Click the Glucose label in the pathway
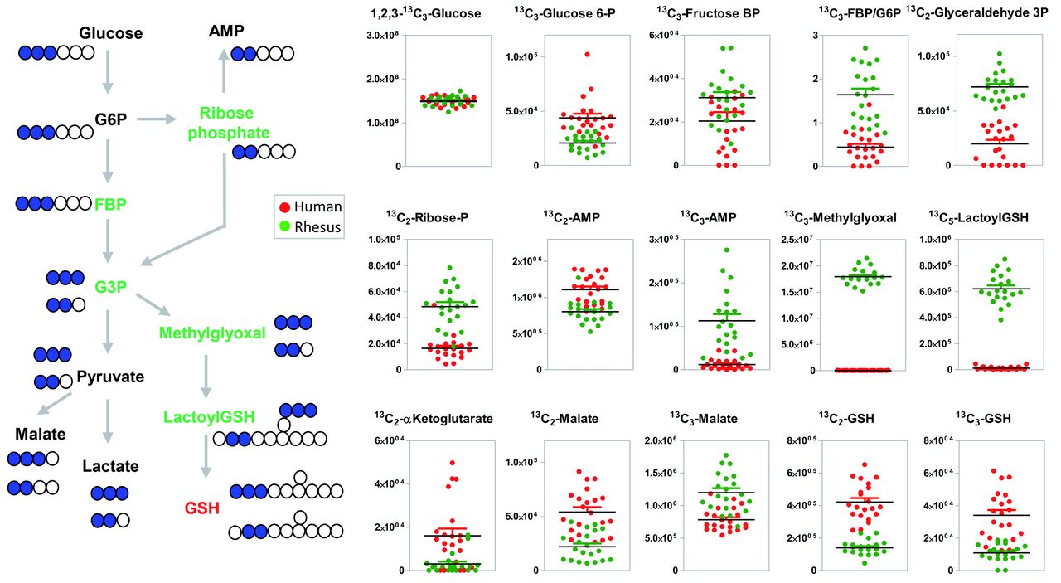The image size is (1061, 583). (x=111, y=33)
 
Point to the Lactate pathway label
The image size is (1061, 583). (x=110, y=468)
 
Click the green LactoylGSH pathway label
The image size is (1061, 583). (x=208, y=415)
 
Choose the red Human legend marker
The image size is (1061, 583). (x=283, y=207)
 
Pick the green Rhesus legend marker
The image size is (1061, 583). (x=283, y=226)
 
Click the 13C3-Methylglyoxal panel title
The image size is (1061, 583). (x=840, y=217)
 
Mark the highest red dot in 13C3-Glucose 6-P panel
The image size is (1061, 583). (x=564, y=54)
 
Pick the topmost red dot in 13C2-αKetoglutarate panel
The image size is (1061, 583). (x=452, y=463)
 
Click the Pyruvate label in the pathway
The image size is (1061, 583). (x=110, y=377)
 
